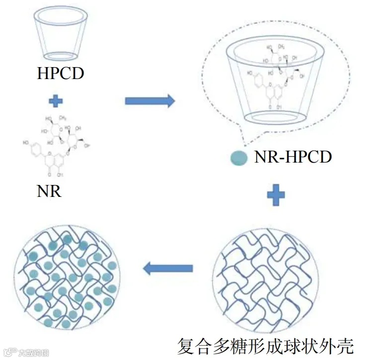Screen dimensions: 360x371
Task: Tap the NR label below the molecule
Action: point(49,191)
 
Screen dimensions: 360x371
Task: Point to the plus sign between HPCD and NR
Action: point(56,101)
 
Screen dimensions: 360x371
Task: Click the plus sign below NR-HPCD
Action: point(276,195)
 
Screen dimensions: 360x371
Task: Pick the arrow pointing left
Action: point(167,269)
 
